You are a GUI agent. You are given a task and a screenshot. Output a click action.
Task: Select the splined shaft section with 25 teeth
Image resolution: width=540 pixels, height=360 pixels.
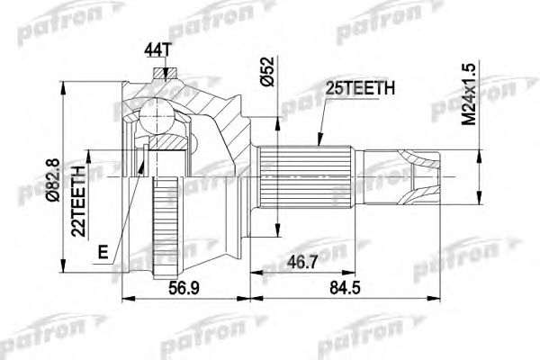coord(297,176)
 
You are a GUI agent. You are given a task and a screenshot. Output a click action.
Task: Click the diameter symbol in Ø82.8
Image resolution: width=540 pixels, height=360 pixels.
coord(50,204)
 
